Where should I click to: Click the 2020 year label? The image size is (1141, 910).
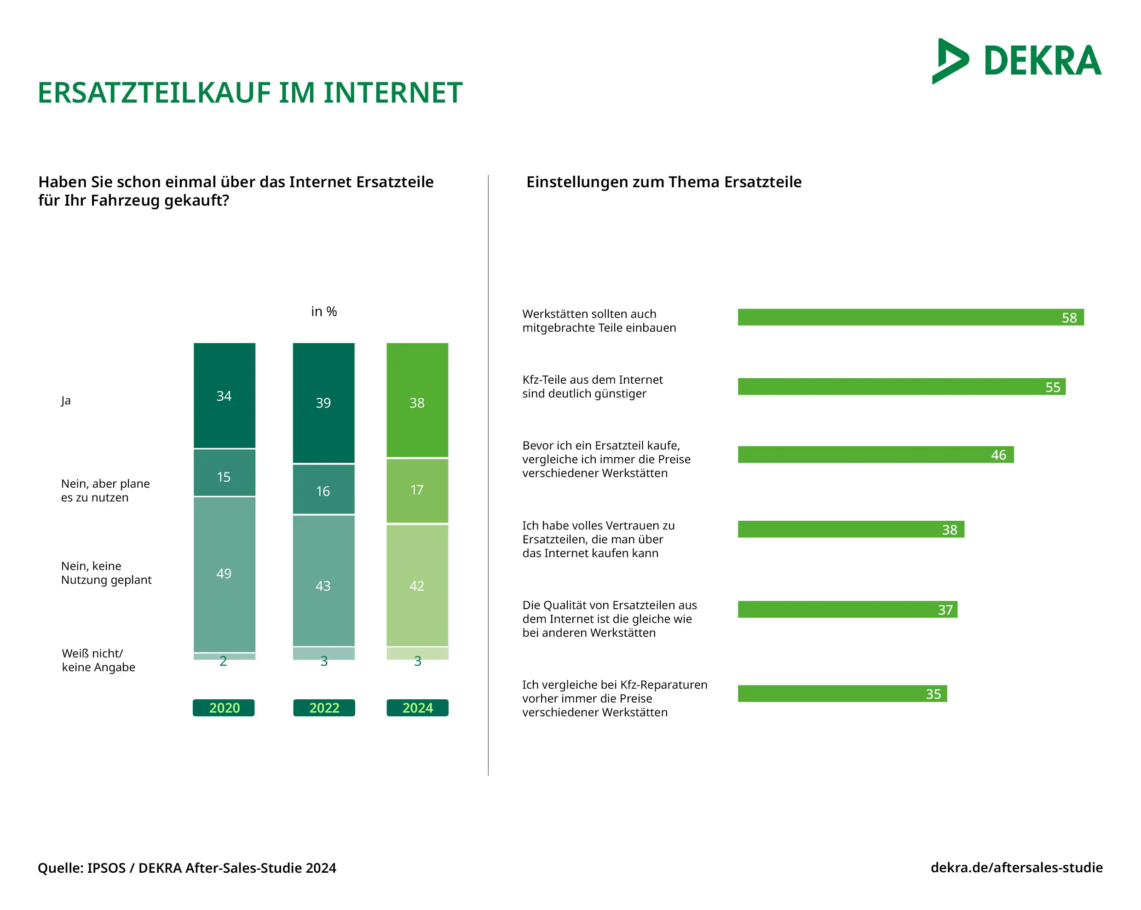[x=224, y=708]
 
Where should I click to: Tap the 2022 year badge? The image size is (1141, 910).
[x=324, y=708]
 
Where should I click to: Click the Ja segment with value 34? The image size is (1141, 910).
[x=225, y=395]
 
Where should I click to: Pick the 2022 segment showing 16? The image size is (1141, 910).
[x=323, y=490]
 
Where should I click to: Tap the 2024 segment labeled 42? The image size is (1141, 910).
[x=417, y=585]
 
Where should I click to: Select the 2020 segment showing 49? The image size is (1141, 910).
[x=225, y=574]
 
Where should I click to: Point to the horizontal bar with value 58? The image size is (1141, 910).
[x=910, y=317]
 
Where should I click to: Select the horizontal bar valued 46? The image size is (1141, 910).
[x=876, y=455]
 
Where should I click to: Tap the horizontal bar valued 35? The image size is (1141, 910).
[x=841, y=694]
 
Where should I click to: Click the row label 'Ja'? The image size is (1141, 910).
[x=66, y=401]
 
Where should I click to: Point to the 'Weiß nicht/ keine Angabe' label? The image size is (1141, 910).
[x=98, y=660]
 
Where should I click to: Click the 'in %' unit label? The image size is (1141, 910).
[x=324, y=311]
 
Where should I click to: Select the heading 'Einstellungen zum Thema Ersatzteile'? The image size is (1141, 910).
[x=663, y=182]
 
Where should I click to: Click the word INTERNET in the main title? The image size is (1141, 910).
[x=393, y=93]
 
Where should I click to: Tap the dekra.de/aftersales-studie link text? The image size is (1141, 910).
[x=1016, y=868]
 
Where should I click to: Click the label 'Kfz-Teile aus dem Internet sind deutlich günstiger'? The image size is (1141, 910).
[x=592, y=387]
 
